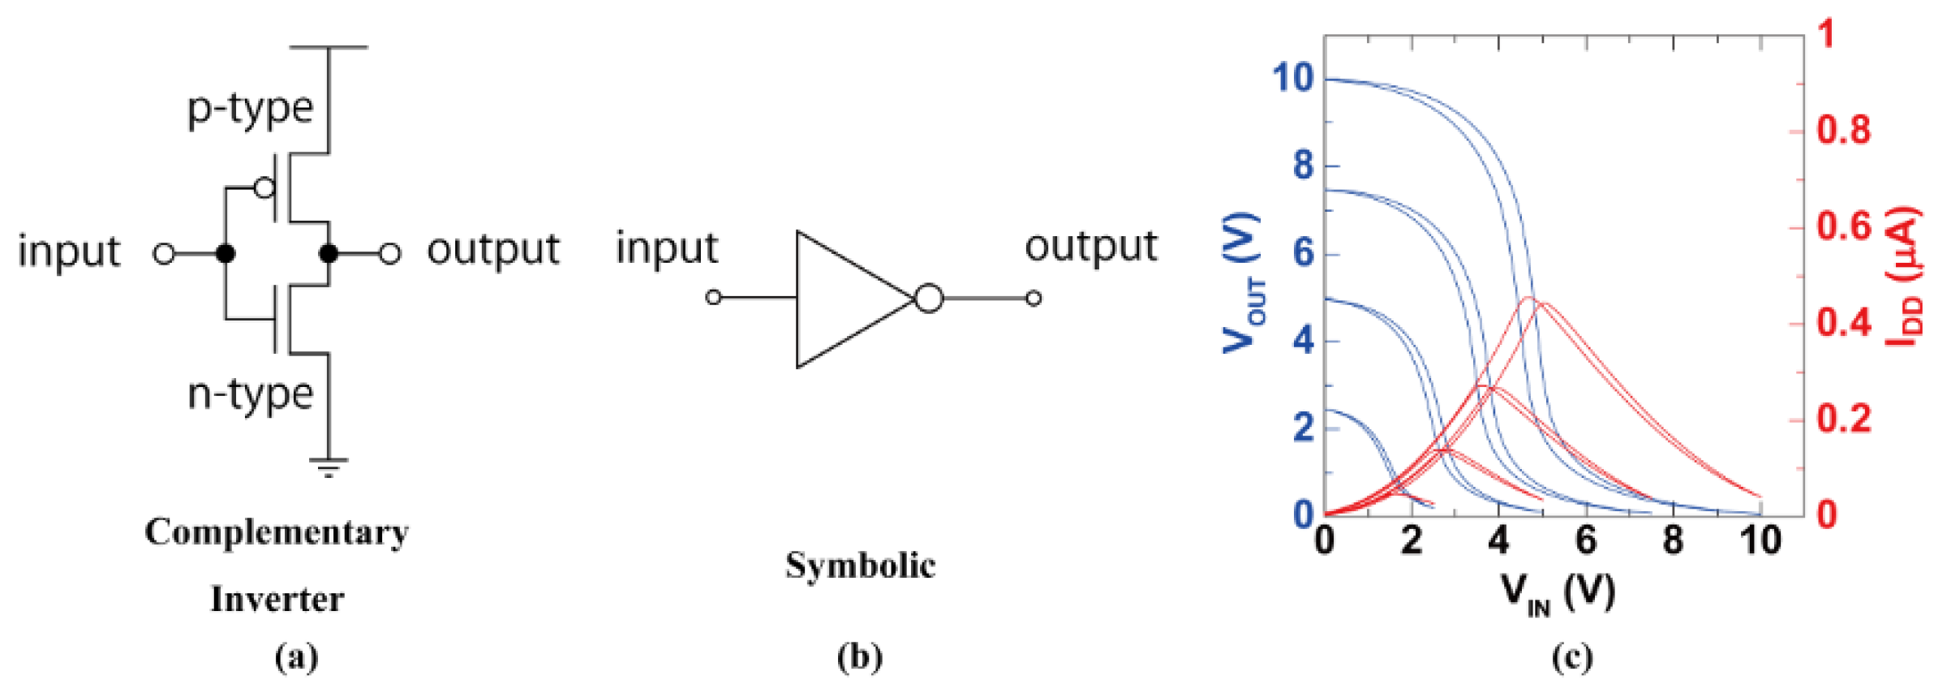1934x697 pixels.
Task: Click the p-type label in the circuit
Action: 250,109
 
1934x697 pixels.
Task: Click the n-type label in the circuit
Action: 250,395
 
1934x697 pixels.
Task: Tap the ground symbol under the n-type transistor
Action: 328,467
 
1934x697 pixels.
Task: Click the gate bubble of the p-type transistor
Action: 264,188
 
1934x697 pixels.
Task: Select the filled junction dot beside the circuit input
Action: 226,254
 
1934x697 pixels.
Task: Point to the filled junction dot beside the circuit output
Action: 328,254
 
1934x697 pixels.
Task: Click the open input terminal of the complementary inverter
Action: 164,254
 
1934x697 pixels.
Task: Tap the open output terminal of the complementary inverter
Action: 390,254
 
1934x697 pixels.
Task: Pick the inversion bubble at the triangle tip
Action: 929,299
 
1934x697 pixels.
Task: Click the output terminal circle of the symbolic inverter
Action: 1034,299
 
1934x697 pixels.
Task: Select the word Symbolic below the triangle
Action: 860,566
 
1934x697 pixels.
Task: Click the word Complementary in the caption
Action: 277,532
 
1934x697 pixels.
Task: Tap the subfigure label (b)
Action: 860,656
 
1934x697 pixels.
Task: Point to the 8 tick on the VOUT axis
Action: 1303,166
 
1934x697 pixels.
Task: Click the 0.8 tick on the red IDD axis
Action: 1843,131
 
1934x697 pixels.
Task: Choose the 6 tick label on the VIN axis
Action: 1586,540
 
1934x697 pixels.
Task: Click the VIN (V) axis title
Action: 1557,593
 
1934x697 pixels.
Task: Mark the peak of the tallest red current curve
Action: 1529,298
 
